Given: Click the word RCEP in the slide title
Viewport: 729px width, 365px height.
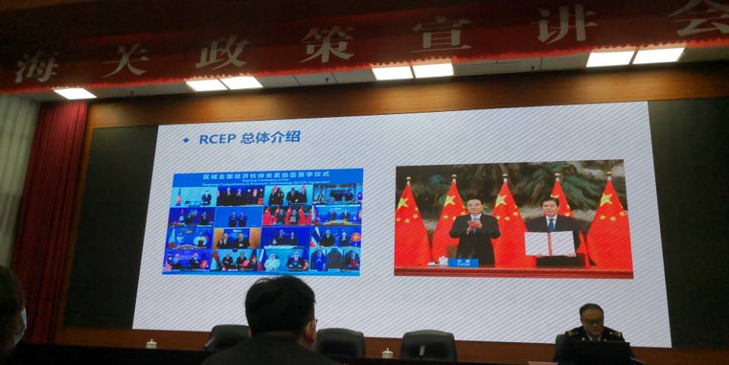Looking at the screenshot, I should [217, 138].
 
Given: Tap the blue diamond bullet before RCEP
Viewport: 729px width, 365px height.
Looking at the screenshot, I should [186, 140].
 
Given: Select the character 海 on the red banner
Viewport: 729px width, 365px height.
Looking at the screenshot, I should [36, 68].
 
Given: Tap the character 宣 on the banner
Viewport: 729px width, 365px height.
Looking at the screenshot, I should [440, 33].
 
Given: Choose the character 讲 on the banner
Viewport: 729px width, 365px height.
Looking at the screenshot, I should [565, 24].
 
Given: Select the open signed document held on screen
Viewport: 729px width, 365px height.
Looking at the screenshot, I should [551, 243].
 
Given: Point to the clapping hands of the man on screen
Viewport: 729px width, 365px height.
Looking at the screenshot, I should [474, 226].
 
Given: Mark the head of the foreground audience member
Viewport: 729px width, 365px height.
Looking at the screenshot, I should [280, 311].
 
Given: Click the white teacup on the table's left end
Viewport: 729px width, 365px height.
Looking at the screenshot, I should [151, 344].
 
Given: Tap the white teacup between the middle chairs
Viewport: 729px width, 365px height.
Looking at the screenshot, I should [388, 353].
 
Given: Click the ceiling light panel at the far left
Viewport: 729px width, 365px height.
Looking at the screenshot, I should [74, 93].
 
